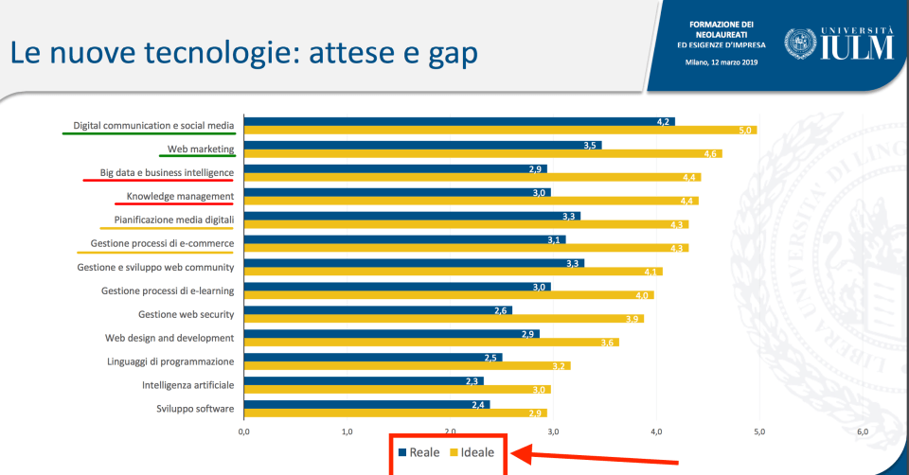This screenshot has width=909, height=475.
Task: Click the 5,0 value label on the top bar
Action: pyautogui.click(x=747, y=130)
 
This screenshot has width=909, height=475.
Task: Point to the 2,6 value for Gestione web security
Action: pyautogui.click(x=502, y=310)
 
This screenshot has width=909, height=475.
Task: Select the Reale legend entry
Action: pyautogui.click(x=418, y=452)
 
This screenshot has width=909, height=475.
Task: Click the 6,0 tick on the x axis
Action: pyautogui.click(x=862, y=431)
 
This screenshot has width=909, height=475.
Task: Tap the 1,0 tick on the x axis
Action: pyautogui.click(x=347, y=431)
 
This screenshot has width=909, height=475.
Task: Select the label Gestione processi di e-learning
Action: pyautogui.click(x=168, y=290)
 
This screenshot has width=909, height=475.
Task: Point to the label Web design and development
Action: pyautogui.click(x=169, y=338)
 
